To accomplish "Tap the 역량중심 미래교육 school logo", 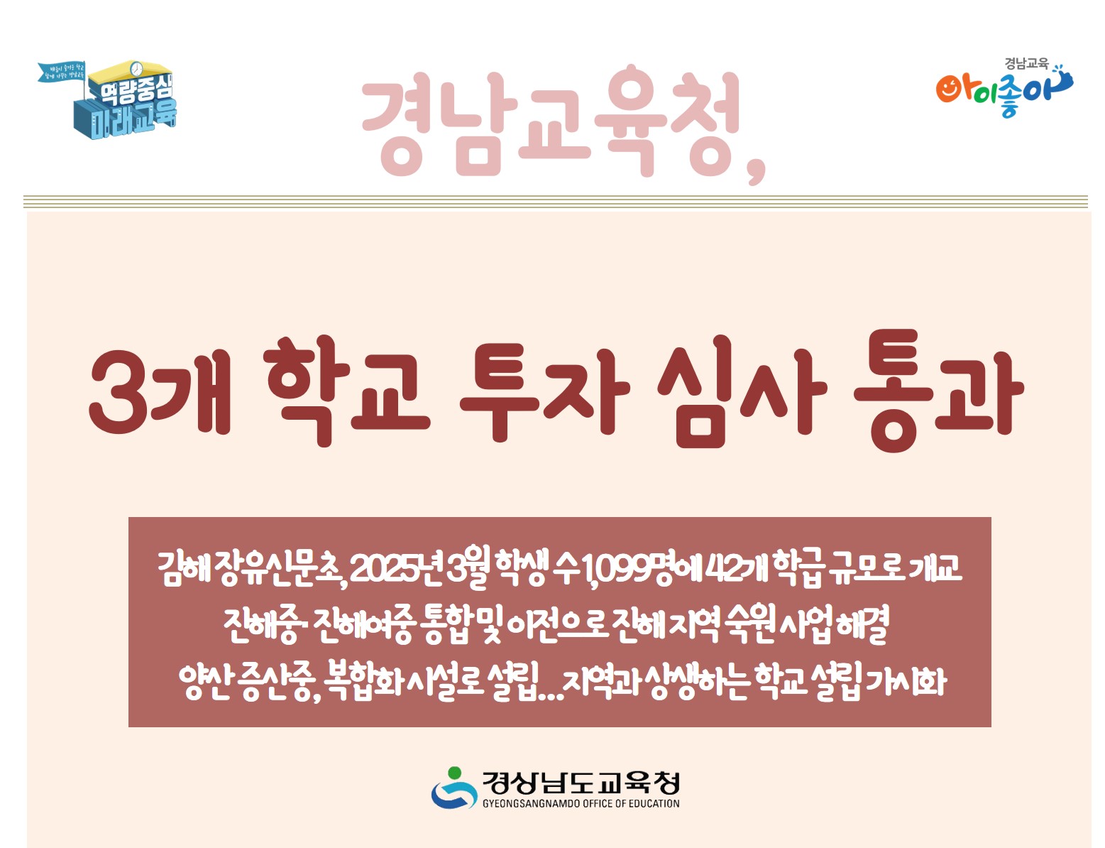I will (114, 99).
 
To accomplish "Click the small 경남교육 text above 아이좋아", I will (1026, 63).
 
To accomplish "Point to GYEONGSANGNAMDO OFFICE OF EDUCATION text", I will (581, 804).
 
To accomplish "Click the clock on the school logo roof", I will (136, 68).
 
